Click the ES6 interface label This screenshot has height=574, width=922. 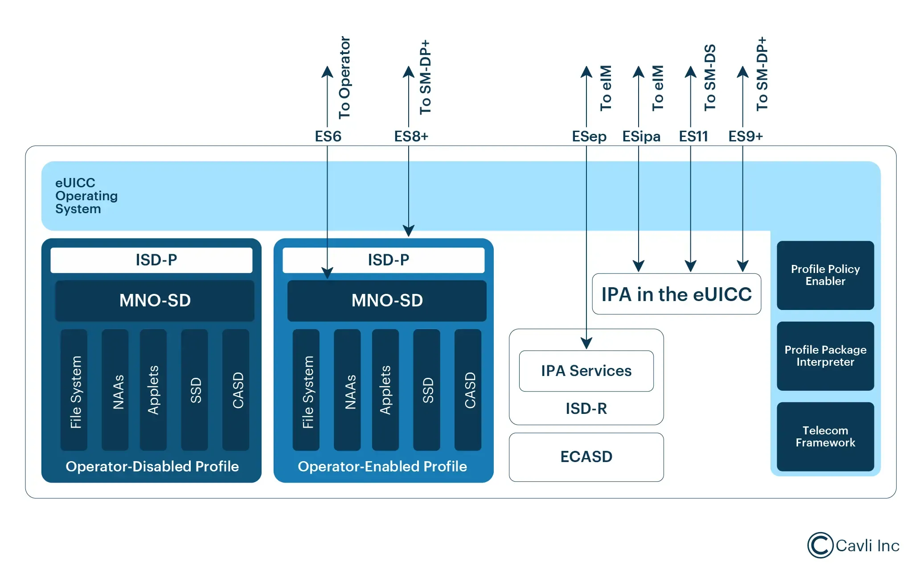click(328, 136)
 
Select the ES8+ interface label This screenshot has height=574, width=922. click(411, 136)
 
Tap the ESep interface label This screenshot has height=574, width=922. click(589, 136)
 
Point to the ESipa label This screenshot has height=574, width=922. click(641, 136)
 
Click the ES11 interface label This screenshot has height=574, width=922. click(693, 136)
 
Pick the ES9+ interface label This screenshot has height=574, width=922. click(745, 136)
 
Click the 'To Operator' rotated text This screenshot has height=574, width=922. click(344, 78)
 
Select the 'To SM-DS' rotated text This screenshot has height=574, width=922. click(709, 78)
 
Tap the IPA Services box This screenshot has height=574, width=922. click(586, 371)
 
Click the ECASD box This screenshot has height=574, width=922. click(586, 457)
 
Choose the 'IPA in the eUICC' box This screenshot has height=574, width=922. click(676, 294)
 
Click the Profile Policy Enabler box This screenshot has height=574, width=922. click(825, 275)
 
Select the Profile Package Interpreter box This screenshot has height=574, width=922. click(825, 356)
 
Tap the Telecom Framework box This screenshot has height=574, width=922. click(825, 437)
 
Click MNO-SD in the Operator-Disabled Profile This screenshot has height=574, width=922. click(155, 301)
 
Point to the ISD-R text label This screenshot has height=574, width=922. click(586, 409)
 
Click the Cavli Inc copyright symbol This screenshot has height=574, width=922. click(820, 545)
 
